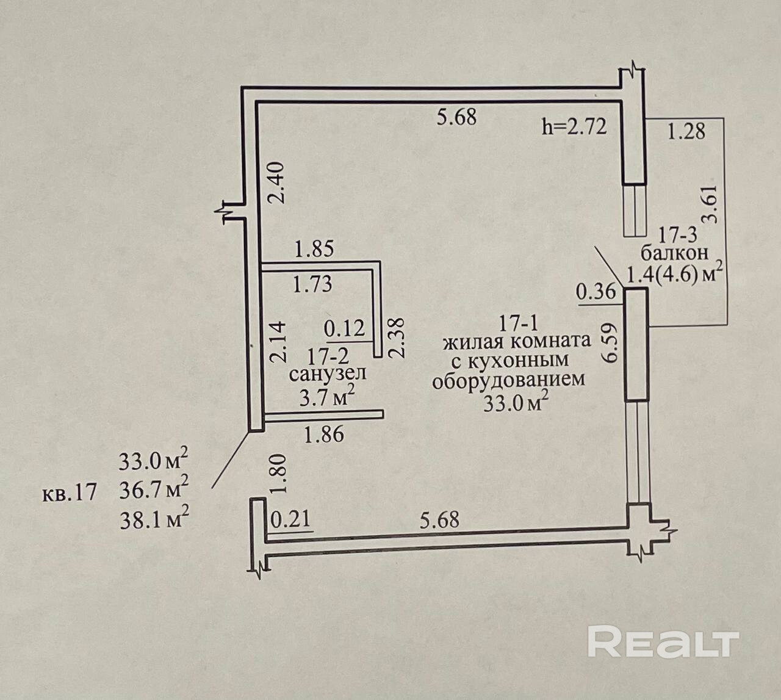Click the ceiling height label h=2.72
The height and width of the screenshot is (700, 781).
pyautogui.click(x=574, y=127)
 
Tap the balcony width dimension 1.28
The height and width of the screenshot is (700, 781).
pyautogui.click(x=686, y=131)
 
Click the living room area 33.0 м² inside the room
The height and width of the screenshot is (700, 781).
pyautogui.click(x=516, y=403)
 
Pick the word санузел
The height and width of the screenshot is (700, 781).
pyautogui.click(x=328, y=373)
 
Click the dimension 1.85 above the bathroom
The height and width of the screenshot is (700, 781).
pyautogui.click(x=314, y=250)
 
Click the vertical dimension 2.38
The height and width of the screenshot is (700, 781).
pyautogui.click(x=397, y=340)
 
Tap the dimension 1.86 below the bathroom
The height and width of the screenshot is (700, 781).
pyautogui.click(x=324, y=434)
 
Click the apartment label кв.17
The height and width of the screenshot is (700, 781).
pyautogui.click(x=69, y=492)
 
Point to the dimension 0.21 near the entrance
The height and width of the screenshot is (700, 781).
pyautogui.click(x=290, y=520)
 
